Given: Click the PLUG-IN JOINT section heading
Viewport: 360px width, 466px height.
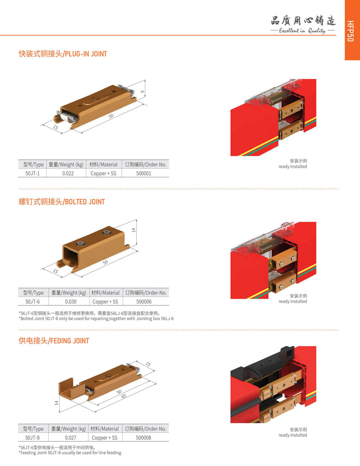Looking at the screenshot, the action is pyautogui.click(x=63, y=54).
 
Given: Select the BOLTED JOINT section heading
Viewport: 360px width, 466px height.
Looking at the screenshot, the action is pyautogui.click(x=62, y=202).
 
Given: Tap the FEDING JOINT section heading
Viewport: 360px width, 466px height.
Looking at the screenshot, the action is pyautogui.click(x=54, y=341).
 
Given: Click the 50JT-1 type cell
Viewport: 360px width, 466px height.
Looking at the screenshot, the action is pyautogui.click(x=32, y=173).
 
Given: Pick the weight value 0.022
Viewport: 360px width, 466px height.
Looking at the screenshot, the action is pyautogui.click(x=68, y=173).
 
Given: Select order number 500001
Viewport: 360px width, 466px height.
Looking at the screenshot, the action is pyautogui.click(x=144, y=173).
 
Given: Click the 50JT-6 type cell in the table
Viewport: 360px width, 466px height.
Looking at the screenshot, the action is pyautogui.click(x=32, y=302).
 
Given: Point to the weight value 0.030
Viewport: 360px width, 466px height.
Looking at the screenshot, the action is pyautogui.click(x=71, y=302).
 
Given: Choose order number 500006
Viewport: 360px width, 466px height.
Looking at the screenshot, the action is pyautogui.click(x=144, y=302).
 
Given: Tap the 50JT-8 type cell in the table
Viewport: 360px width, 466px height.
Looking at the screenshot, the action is pyautogui.click(x=32, y=438).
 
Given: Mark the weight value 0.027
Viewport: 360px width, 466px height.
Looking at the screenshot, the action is pyautogui.click(x=70, y=438).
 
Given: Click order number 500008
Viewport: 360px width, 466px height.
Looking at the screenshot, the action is pyautogui.click(x=144, y=438).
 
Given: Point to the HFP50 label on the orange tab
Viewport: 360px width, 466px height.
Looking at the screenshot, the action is pyautogui.click(x=351, y=31).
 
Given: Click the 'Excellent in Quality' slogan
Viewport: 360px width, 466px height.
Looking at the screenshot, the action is pyautogui.click(x=302, y=30).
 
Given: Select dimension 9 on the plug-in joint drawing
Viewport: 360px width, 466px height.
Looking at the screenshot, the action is pyautogui.click(x=142, y=92).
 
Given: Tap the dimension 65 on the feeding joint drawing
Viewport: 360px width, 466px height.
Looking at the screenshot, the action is pyautogui.click(x=124, y=396).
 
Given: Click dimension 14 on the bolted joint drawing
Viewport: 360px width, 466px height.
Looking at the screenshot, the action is pyautogui.click(x=134, y=230).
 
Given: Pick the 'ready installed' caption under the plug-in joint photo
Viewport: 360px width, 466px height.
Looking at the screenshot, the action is pyautogui.click(x=293, y=166).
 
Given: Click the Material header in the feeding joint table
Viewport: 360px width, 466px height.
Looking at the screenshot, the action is pyautogui.click(x=104, y=429).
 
